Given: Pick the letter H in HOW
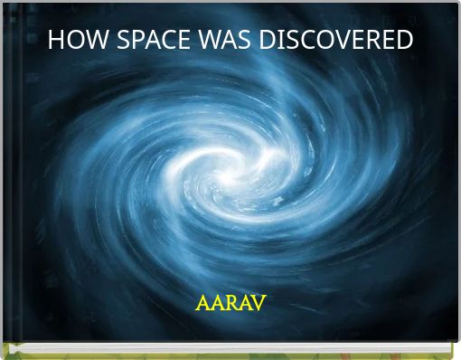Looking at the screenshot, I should [54, 41].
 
